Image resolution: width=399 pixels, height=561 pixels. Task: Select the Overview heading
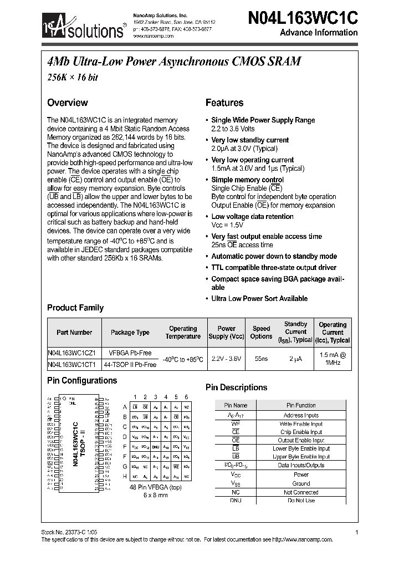coord(67,103)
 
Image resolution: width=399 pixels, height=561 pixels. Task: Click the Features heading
coord(224,103)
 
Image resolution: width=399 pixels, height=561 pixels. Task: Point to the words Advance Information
coord(319,32)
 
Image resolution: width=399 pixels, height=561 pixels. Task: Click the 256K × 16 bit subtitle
coord(73,78)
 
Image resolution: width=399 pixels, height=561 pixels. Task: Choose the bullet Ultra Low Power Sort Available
coord(259,298)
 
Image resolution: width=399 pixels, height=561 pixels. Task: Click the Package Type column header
coord(130,333)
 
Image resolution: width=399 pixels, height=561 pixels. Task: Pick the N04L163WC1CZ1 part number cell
coord(72,353)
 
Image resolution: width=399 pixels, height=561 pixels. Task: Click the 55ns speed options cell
coord(262,359)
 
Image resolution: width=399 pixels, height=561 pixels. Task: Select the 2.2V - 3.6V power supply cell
coord(226,359)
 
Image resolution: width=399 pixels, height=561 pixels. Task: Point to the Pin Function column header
coord(301,405)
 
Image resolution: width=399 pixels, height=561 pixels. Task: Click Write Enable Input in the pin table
coord(301,424)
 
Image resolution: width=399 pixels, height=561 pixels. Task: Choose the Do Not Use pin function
coord(301,500)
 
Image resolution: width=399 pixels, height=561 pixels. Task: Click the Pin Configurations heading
coord(82,381)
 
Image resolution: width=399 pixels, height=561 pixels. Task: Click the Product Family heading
coord(75,308)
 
